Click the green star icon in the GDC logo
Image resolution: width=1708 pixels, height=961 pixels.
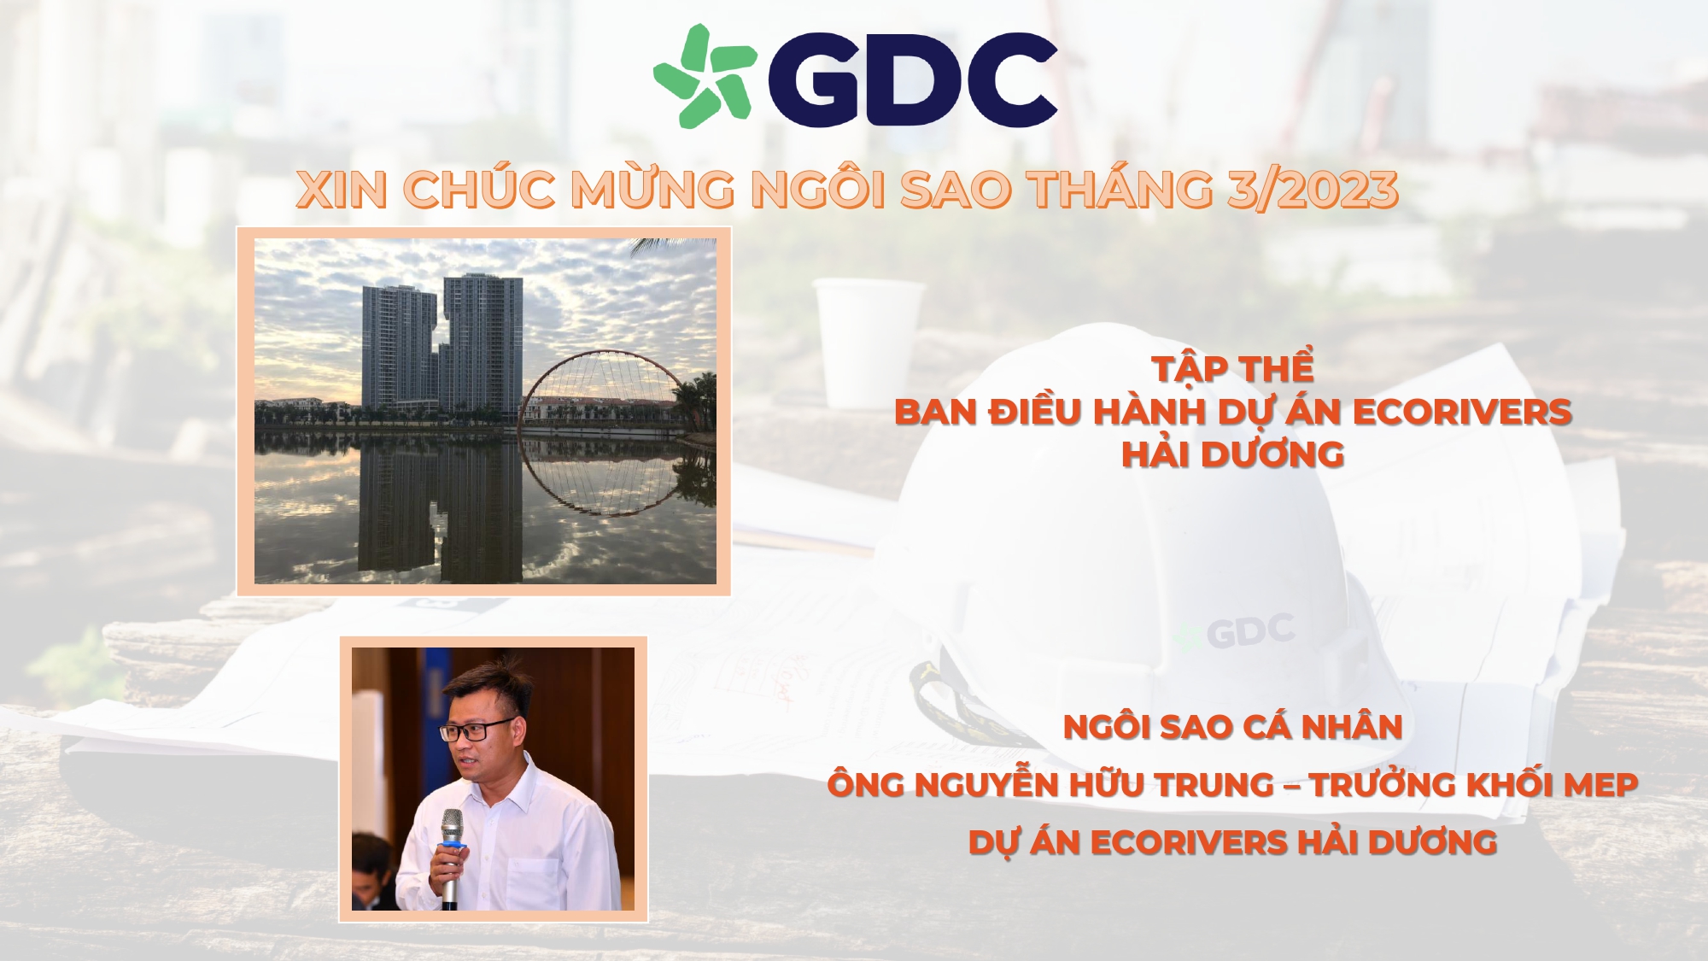[x=704, y=76]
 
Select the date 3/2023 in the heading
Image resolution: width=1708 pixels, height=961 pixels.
[x=1312, y=190]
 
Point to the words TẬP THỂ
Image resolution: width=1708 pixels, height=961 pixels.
[x=1232, y=369]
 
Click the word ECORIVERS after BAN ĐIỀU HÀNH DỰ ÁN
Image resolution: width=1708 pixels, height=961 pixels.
[x=1462, y=412]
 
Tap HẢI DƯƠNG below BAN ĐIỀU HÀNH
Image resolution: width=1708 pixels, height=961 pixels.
[x=1232, y=454]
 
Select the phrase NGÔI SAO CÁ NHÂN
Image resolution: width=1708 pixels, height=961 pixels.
[x=1232, y=727]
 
